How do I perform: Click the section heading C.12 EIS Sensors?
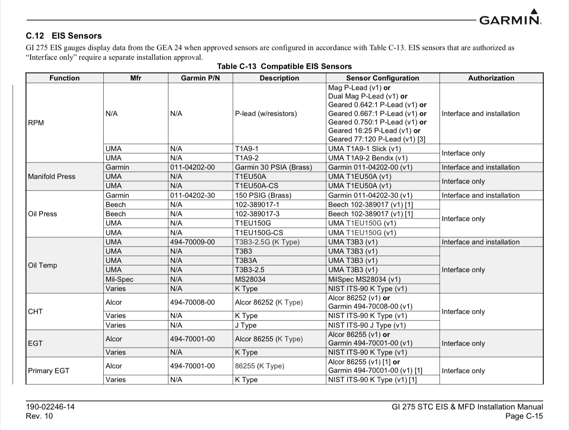point(64,36)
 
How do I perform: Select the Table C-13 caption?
point(284,67)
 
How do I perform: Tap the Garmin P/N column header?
point(200,78)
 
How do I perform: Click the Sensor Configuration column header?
point(382,78)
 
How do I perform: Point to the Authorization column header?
point(491,78)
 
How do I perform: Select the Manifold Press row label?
point(51,177)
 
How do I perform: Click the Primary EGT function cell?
point(49,371)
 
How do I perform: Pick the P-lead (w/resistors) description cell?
point(266,114)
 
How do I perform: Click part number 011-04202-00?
point(192,167)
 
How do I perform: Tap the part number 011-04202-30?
point(192,195)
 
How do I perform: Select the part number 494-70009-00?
point(192,242)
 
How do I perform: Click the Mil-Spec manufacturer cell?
point(119,279)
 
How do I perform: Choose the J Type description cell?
point(246,325)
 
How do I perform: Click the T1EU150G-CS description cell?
point(259,233)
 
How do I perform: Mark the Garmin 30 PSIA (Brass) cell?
point(273,167)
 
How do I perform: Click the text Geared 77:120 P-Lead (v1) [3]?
point(376,139)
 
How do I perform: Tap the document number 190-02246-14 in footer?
point(50,407)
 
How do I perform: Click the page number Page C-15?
point(524,416)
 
